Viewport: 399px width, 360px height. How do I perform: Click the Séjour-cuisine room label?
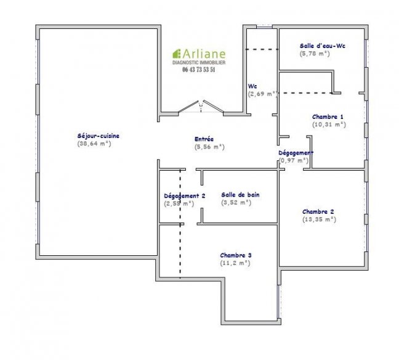coord(98,136)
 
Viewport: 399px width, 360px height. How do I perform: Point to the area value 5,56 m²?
coord(209,147)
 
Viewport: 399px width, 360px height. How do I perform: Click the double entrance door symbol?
coord(202,108)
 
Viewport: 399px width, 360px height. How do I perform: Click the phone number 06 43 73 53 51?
coord(198,70)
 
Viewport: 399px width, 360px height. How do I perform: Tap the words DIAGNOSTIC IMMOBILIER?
coord(198,62)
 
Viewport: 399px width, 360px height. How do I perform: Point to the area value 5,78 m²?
coord(315,54)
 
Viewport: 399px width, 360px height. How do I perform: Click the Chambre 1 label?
coord(328,117)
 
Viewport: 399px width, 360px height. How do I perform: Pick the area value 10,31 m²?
coord(329,125)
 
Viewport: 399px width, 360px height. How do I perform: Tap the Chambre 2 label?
coord(318,210)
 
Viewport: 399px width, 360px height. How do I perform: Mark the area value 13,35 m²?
coord(319,218)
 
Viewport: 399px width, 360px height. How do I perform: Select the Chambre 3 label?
coord(235,255)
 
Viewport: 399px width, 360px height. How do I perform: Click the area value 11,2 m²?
coord(235,263)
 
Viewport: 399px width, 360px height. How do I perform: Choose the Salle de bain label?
coord(240,194)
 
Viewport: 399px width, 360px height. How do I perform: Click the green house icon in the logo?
coord(176,54)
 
